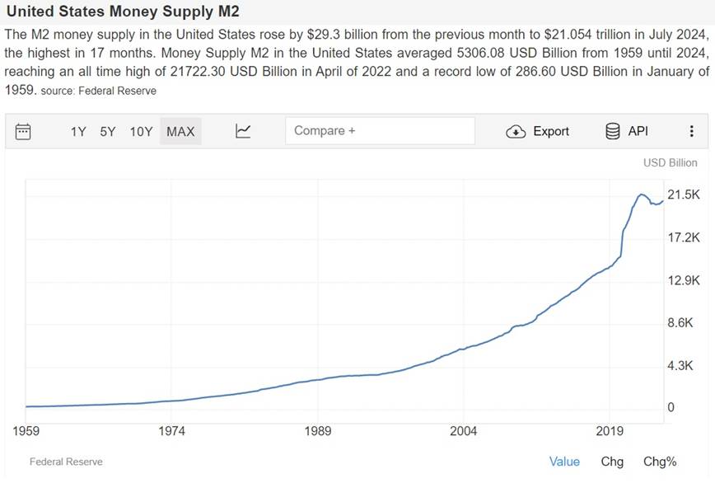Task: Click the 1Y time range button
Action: [x=78, y=131]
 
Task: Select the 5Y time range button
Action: [x=108, y=131]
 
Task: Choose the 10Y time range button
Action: [x=141, y=131]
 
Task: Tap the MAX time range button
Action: [x=180, y=131]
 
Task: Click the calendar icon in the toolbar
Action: [x=23, y=131]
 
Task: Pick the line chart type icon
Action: [x=243, y=131]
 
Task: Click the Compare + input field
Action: [x=380, y=130]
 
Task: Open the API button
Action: [x=627, y=131]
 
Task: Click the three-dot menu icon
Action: [x=692, y=131]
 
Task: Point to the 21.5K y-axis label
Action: [x=683, y=195]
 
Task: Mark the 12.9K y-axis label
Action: [x=683, y=280]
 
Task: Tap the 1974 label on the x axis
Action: [x=172, y=430]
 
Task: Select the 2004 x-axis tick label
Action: [x=464, y=430]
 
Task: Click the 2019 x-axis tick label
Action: [x=610, y=430]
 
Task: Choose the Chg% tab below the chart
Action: [x=660, y=462]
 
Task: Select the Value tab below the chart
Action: [x=564, y=462]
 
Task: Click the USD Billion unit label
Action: [x=670, y=162]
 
